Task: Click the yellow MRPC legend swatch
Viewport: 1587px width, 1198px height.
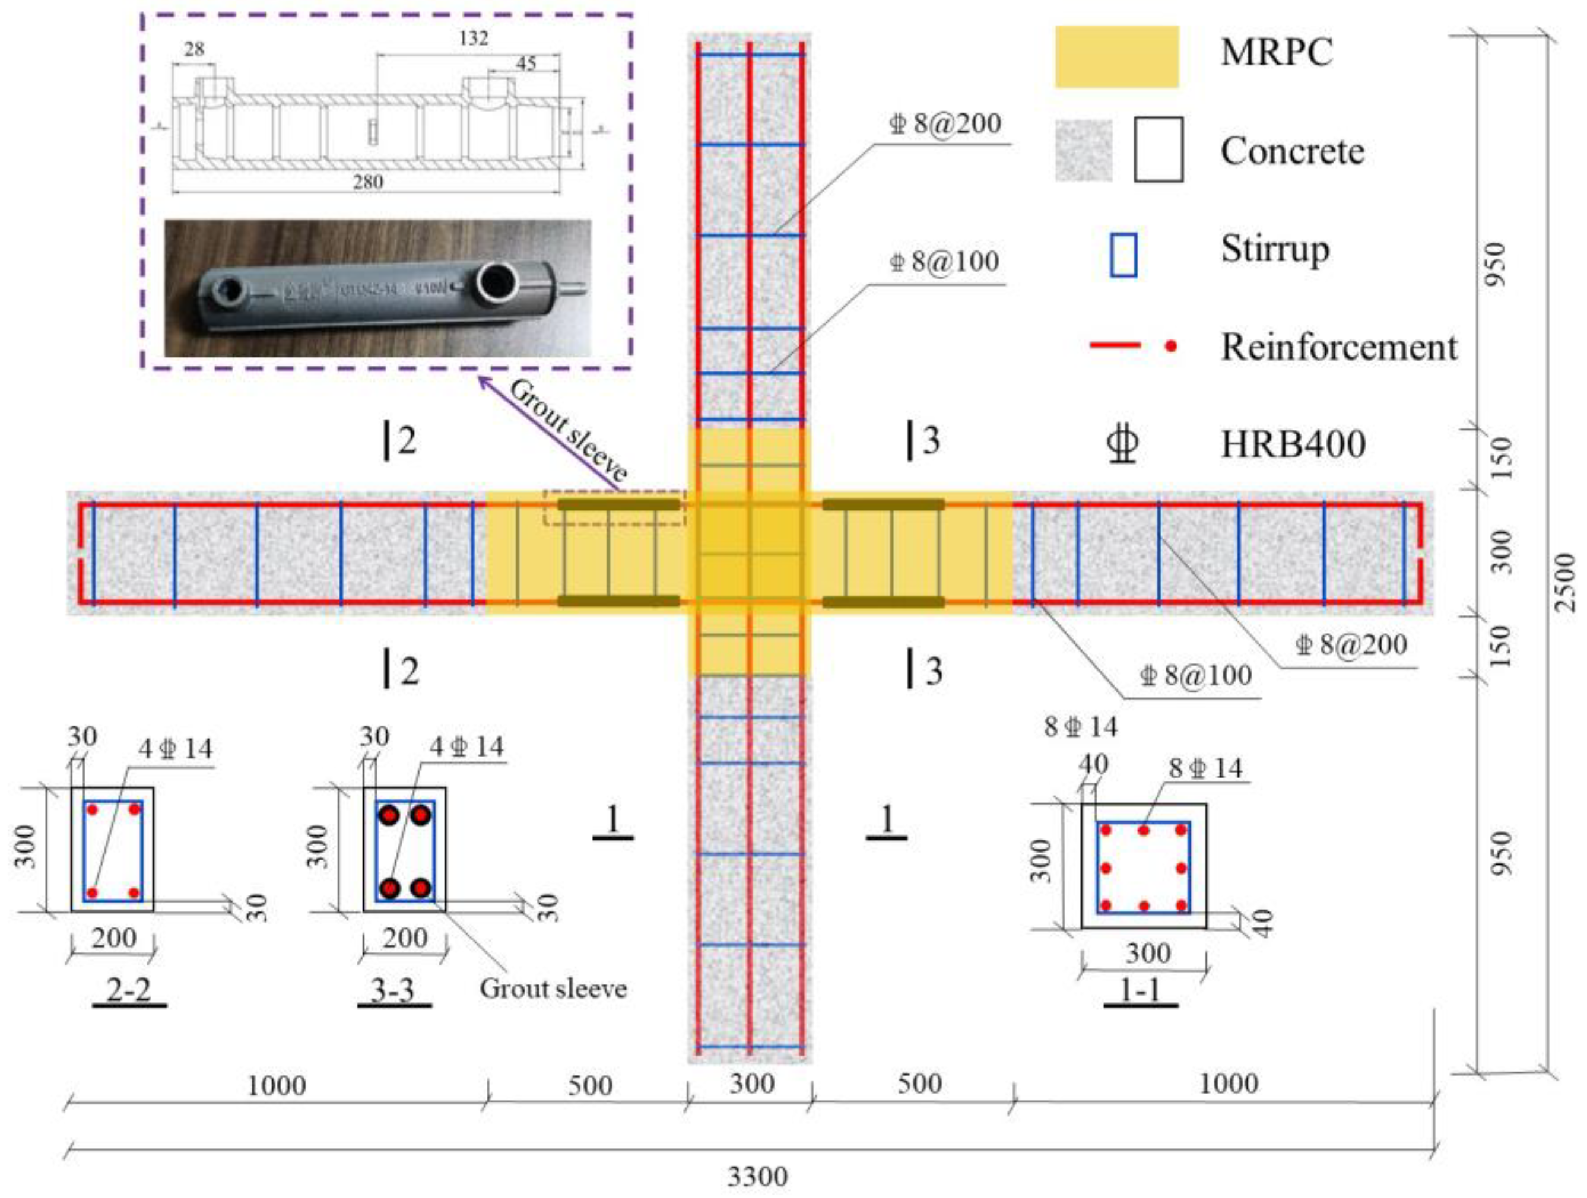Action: coord(1116,57)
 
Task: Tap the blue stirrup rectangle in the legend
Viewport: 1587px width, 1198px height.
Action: coord(1123,255)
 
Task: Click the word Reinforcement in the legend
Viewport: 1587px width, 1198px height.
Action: coord(1339,347)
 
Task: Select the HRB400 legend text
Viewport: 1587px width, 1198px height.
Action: coord(1293,444)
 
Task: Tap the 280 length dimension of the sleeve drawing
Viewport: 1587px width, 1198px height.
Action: coord(367,182)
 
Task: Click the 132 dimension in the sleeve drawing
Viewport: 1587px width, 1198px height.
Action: coord(474,38)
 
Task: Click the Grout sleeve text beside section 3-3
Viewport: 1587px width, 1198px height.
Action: coord(553,989)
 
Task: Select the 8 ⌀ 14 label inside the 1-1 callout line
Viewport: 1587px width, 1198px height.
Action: coord(1205,768)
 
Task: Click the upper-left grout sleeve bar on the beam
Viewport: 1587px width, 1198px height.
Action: coord(618,505)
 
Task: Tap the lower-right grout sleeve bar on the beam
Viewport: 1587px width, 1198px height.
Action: coord(883,601)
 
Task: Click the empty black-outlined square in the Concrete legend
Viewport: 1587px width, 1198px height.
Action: coord(1158,150)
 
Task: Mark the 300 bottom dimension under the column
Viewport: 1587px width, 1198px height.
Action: coord(752,1083)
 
